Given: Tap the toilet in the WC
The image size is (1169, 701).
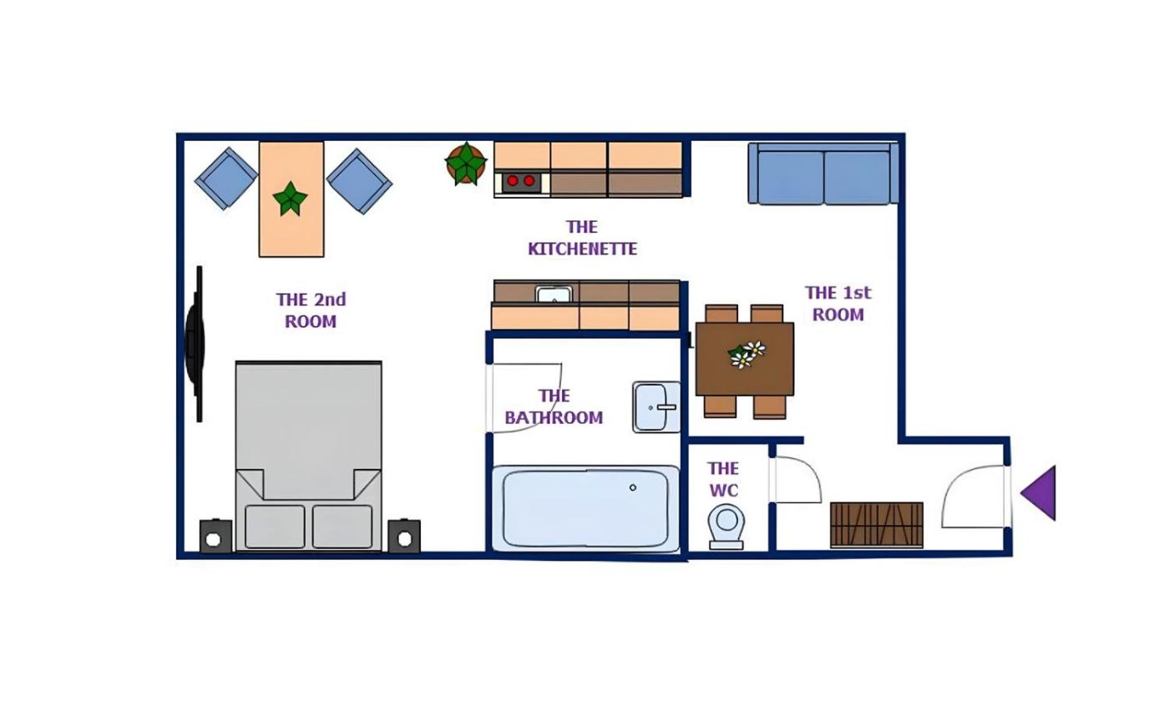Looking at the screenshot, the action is [x=726, y=527].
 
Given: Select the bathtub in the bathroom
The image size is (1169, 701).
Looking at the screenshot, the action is [x=585, y=508].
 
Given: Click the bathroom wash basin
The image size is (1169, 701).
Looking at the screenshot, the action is [x=656, y=407].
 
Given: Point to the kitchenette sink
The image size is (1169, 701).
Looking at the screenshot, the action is [x=554, y=294].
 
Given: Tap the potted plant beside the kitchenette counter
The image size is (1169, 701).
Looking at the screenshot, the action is [x=466, y=164].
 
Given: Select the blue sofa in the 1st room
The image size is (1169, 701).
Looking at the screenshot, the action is [x=823, y=174].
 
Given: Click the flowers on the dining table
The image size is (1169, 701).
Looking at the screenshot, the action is [x=747, y=355].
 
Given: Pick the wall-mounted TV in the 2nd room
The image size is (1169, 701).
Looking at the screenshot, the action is [x=195, y=344].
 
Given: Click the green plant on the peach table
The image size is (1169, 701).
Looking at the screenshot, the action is [x=291, y=199].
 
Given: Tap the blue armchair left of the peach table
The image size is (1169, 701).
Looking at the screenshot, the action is [x=226, y=179].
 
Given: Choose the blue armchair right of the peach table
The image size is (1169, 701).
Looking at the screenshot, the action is [x=359, y=181].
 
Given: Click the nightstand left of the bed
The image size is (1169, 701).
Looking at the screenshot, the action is [x=216, y=536].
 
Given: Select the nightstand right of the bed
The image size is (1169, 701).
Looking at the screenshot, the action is [x=404, y=536].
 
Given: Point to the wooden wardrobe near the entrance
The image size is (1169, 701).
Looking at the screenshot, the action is [x=877, y=525].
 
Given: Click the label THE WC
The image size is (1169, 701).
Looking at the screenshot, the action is [x=723, y=479].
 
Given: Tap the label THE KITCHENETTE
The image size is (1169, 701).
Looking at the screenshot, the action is [x=583, y=238].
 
